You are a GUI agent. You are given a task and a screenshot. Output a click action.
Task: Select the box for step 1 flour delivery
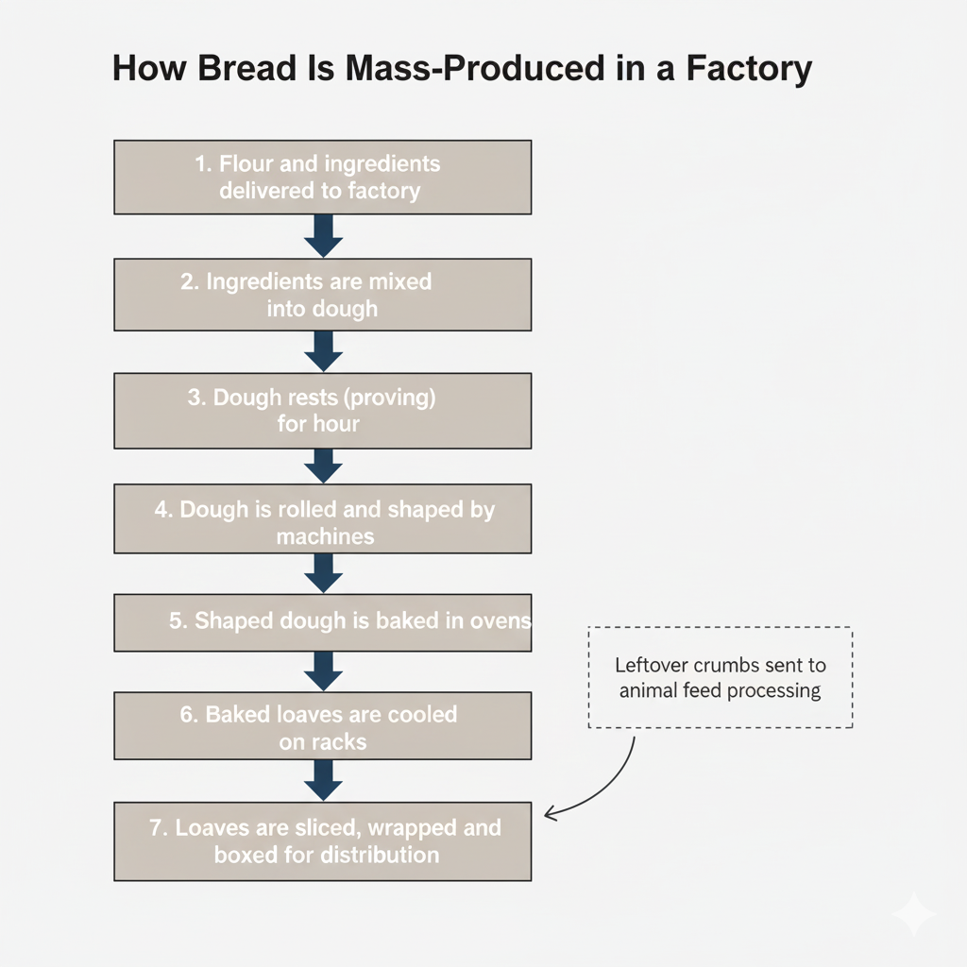coord(322,177)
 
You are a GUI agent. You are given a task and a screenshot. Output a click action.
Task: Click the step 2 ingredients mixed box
coord(322,295)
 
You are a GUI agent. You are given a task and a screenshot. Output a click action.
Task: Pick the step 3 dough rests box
coord(322,410)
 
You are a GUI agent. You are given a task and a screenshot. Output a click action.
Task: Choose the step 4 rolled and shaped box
coord(322,518)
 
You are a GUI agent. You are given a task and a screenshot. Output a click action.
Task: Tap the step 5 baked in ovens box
coord(322,622)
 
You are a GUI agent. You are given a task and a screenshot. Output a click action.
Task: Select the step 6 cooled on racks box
coord(322,725)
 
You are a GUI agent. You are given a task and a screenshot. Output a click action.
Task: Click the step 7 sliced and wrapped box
coord(322,840)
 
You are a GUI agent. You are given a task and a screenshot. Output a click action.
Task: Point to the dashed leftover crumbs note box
coord(720,677)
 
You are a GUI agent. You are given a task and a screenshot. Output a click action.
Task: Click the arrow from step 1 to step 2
coord(323,235)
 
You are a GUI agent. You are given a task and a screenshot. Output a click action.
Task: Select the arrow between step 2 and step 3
coord(323,351)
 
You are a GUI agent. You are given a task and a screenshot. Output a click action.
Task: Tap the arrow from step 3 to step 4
coord(323,466)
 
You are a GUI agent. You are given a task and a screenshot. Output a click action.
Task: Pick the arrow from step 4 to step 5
coord(323,573)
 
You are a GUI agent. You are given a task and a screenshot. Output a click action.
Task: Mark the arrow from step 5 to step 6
coord(323,671)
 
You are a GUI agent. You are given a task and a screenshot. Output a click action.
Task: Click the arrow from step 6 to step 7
coord(323,780)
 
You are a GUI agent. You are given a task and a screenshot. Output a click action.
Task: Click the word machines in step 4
coord(325,536)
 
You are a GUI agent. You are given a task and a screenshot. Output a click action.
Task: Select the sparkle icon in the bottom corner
coord(913,914)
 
